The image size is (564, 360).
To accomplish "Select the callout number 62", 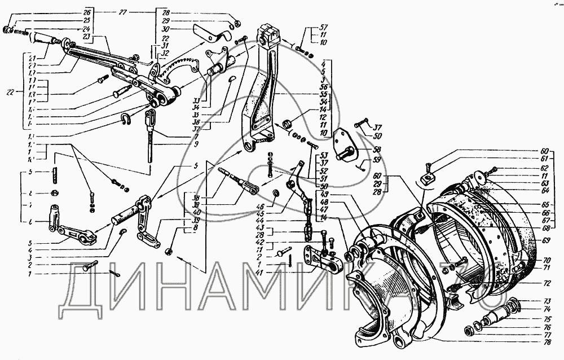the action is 544,168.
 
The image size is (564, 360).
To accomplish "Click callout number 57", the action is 323,27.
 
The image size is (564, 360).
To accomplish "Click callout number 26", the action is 86,12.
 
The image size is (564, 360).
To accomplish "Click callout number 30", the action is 165,28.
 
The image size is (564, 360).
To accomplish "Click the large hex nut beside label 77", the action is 469,330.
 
